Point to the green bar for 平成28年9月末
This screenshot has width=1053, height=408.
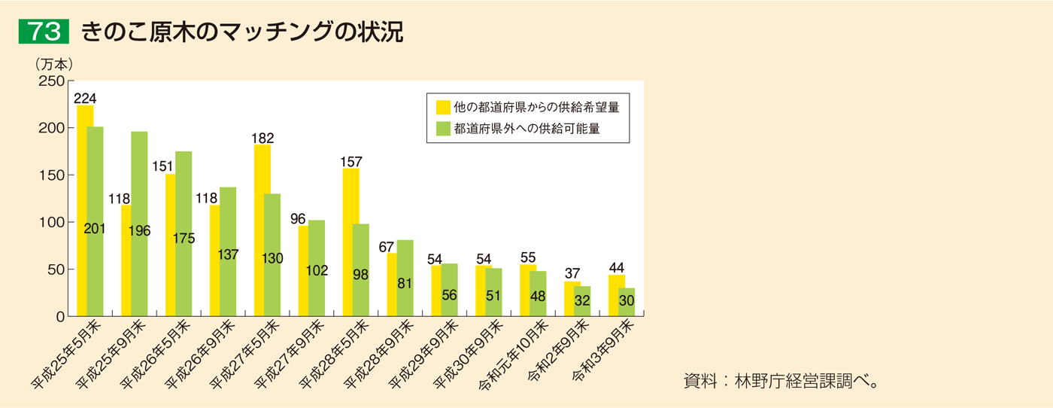pos(405,278)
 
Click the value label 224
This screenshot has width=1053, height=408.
pos(85,99)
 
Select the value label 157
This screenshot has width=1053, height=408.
pos(350,162)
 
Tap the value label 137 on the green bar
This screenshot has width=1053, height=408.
pos(227,255)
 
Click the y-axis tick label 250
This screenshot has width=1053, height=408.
pos(51,81)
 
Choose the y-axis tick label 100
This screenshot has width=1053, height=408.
pos(51,223)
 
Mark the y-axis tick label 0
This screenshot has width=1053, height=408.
pos(60,317)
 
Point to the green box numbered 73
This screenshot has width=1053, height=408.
pos(44,32)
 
